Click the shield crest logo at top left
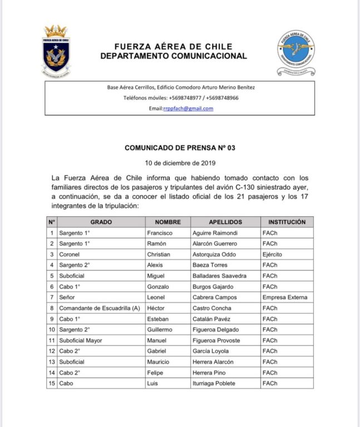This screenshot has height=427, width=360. pyautogui.click(x=56, y=51)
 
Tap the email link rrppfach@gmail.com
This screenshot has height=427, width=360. pyautogui.click(x=188, y=108)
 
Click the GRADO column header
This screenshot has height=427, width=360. pyautogui.click(x=101, y=222)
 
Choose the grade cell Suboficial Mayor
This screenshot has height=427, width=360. pyautogui.click(x=81, y=340)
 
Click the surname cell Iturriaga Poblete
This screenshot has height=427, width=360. pyautogui.click(x=214, y=383)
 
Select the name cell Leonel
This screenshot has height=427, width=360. pyautogui.click(x=156, y=297)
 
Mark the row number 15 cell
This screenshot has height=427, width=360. pyautogui.click(x=52, y=383)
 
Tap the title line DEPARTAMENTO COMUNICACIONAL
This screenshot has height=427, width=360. pyautogui.click(x=174, y=56)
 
